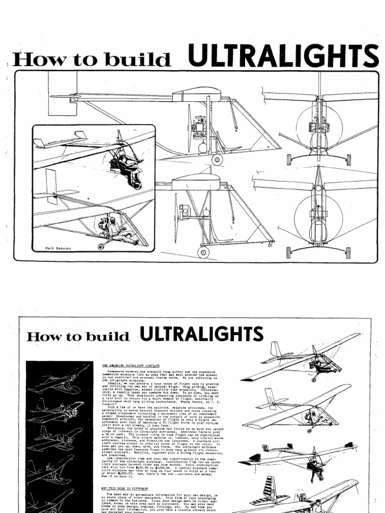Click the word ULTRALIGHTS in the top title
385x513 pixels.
tap(283, 56)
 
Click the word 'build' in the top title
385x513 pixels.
tap(145, 60)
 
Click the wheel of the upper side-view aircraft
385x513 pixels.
tap(217, 159)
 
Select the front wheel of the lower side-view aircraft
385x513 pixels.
tap(203, 252)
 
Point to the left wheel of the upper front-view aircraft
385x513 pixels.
tap(289, 159)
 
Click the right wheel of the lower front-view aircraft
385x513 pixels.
tap(348, 252)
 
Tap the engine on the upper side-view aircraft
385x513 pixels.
tap(199, 125)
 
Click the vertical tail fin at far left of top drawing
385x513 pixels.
tap(62, 93)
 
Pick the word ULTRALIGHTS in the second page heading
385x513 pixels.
tap(201, 334)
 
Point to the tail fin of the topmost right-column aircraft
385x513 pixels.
tap(275, 349)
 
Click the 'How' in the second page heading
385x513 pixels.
tap(40, 336)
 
